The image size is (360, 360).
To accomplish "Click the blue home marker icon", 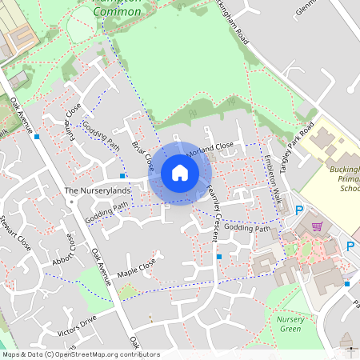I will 180,173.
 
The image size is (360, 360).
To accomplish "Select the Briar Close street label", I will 144,155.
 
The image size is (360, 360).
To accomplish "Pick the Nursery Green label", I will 290,324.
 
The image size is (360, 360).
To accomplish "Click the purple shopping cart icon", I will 318,226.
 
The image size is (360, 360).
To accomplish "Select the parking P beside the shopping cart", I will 299,211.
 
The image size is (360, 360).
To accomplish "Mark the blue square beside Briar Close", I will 122,175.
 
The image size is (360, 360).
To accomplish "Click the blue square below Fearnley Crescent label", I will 219,256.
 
